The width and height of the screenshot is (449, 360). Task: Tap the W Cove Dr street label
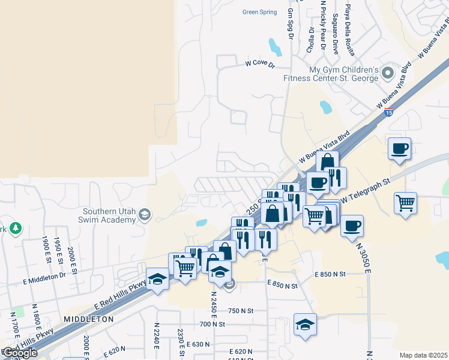coord(259,64)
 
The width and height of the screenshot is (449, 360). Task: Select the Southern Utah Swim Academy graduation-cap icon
coord(145,215)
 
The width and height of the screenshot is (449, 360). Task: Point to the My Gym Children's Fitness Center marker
coord(387,74)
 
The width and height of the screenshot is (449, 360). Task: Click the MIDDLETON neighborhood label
coord(88,320)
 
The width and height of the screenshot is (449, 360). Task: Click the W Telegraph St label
coord(366,190)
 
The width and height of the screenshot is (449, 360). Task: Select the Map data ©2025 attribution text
coord(423,355)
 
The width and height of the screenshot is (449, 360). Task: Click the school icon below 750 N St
coord(305,324)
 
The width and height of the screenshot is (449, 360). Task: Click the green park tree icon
coord(15,229)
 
